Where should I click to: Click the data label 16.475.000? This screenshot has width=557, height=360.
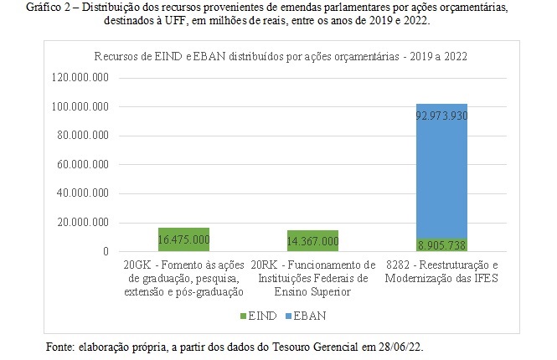[x=183, y=239]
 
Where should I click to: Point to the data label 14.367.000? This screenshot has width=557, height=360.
[x=312, y=241]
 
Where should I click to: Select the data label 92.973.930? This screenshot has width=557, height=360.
[x=441, y=117]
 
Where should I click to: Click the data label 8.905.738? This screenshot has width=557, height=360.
[x=441, y=244]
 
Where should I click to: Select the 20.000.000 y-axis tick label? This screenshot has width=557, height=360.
[x=86, y=223]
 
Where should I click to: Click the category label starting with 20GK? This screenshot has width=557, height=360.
[x=183, y=278]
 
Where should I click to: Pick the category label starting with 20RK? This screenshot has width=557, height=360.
[x=312, y=278]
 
